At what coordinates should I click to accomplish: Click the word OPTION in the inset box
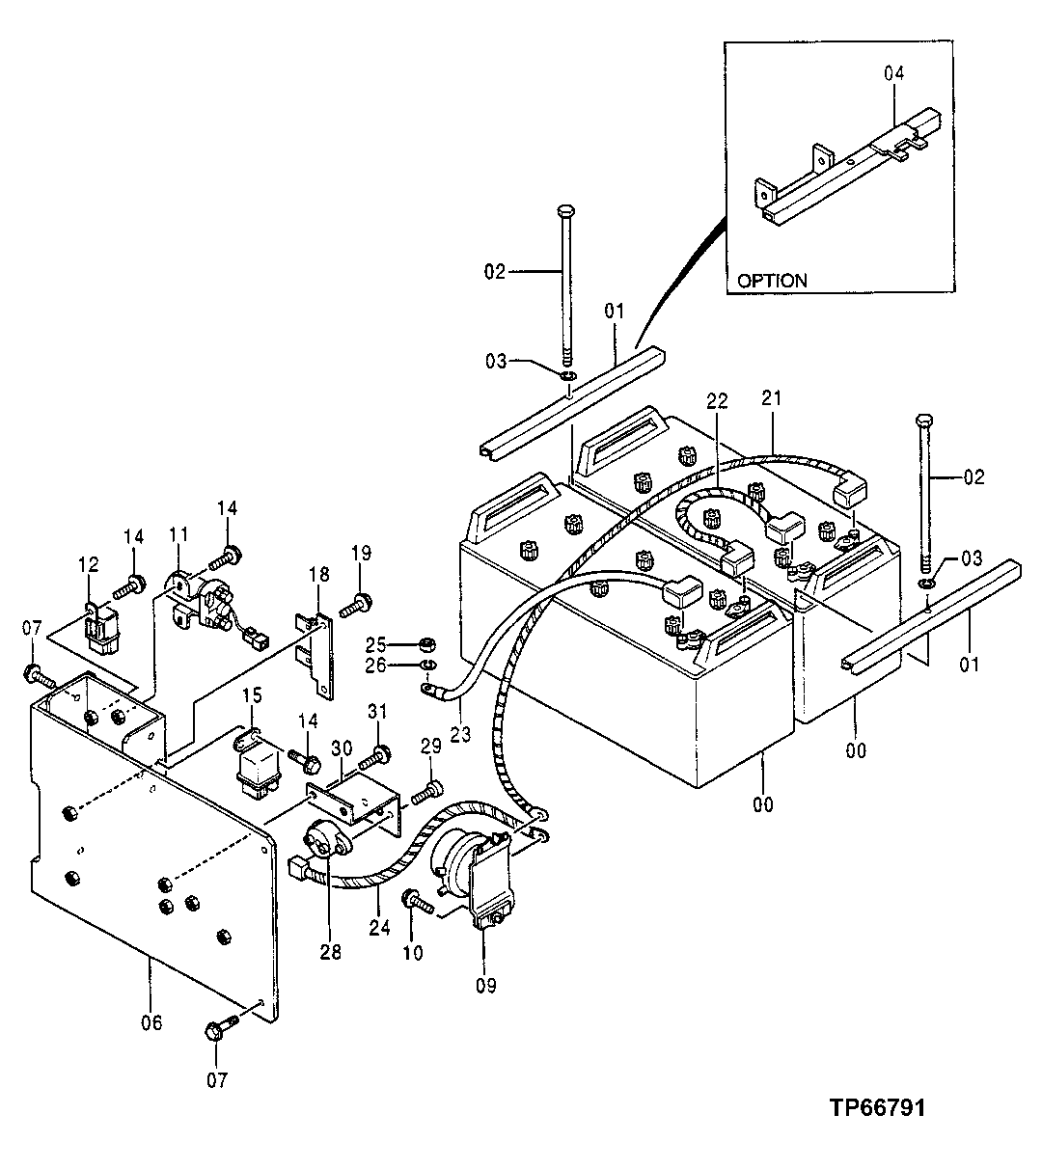(772, 282)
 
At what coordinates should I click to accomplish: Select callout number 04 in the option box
(895, 73)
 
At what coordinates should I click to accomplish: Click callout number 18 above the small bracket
(318, 575)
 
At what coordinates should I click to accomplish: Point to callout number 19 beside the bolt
(360, 553)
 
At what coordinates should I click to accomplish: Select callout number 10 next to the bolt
(412, 954)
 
